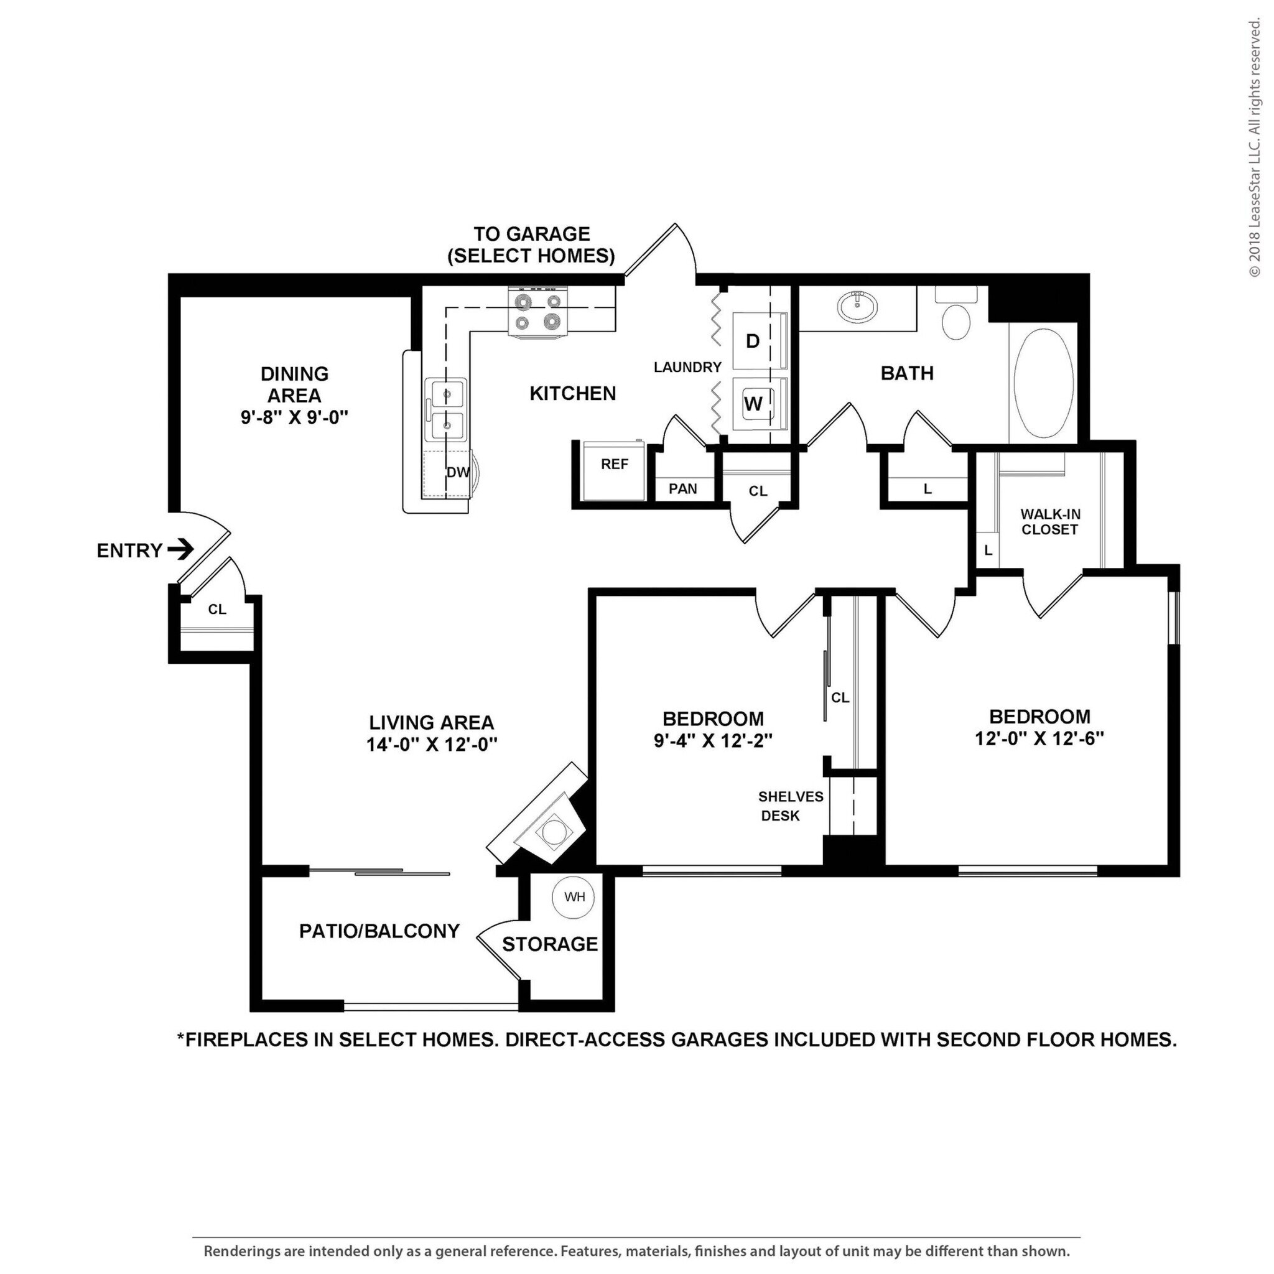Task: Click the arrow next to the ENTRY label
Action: click(180, 549)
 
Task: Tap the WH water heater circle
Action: click(574, 897)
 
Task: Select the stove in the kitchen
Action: click(538, 311)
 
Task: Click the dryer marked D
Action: click(760, 341)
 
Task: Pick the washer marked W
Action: click(760, 404)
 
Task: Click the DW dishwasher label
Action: click(458, 472)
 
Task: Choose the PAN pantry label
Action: click(682, 488)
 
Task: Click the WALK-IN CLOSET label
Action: click(1050, 521)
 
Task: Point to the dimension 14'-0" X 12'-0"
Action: click(431, 744)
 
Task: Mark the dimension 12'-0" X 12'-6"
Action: click(1039, 738)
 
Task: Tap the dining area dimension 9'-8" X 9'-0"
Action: click(294, 417)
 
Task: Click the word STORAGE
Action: click(550, 944)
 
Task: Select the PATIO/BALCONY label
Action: click(379, 931)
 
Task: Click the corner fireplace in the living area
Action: click(542, 817)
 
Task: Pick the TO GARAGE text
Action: click(531, 234)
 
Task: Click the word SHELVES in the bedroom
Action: click(791, 797)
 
